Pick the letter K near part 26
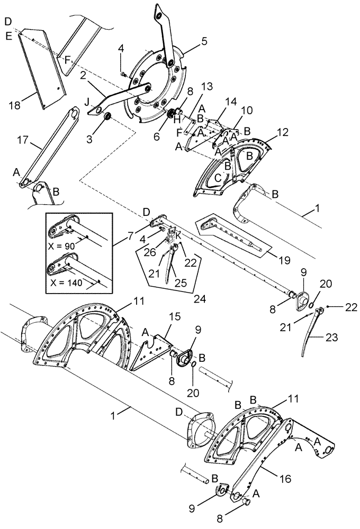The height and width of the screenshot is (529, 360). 178,233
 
